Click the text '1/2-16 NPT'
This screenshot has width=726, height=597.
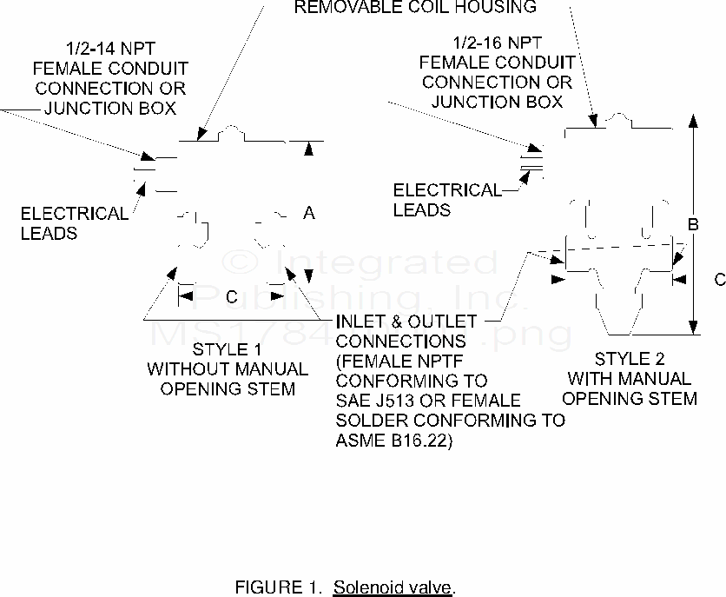point(496,43)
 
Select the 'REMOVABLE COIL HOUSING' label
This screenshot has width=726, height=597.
point(415,8)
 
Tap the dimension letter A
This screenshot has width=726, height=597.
point(308,213)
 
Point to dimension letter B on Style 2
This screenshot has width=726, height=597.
point(693,225)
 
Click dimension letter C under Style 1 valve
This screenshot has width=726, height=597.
point(231,297)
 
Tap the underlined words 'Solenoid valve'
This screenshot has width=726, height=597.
point(393,587)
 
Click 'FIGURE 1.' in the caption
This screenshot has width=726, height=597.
point(279,587)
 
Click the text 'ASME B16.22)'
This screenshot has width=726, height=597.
point(393,441)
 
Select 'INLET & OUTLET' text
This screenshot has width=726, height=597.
point(406,322)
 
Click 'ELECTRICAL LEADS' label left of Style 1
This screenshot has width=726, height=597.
point(74,222)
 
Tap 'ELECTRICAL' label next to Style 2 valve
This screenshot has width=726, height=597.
point(447,190)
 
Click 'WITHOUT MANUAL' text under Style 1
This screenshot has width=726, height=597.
point(227,369)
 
